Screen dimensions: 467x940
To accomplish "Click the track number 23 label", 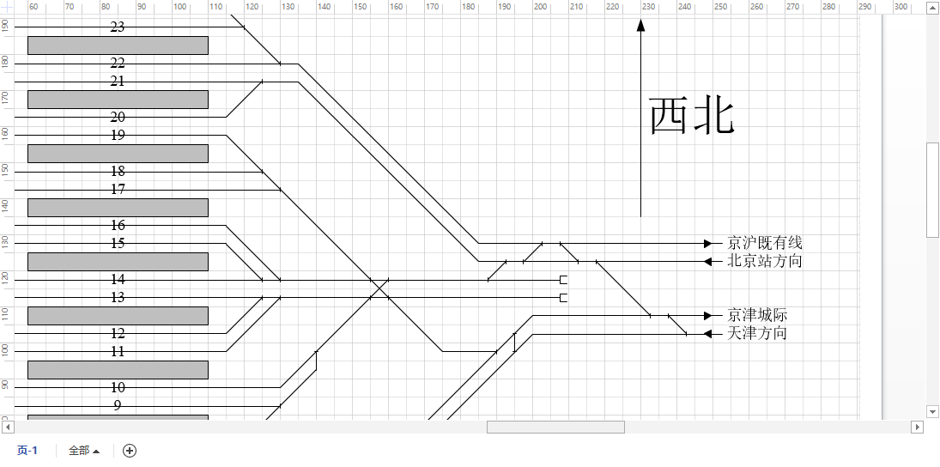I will point(118,27).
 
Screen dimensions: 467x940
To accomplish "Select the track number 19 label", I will point(118,135).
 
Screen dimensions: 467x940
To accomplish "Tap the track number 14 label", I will point(118,279).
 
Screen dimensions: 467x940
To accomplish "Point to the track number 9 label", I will point(118,405).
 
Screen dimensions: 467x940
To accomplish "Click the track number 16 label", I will point(118,225).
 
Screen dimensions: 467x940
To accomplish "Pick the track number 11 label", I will point(118,351).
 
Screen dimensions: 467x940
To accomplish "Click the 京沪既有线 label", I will point(764,243).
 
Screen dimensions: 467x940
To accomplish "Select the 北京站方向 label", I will point(764,261).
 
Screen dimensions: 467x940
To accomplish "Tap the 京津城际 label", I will point(756,315).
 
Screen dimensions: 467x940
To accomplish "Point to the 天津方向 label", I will point(756,333).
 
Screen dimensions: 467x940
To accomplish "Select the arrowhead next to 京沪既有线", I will point(707,243).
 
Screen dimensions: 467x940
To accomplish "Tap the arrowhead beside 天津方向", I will point(707,333).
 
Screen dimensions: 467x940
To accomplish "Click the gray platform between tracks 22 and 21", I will point(118,100).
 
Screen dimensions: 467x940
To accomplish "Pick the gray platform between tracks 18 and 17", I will point(118,208).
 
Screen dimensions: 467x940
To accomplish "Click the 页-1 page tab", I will point(27,451).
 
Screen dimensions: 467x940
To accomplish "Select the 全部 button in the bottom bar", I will point(84,451).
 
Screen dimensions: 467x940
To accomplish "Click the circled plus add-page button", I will point(130,451).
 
